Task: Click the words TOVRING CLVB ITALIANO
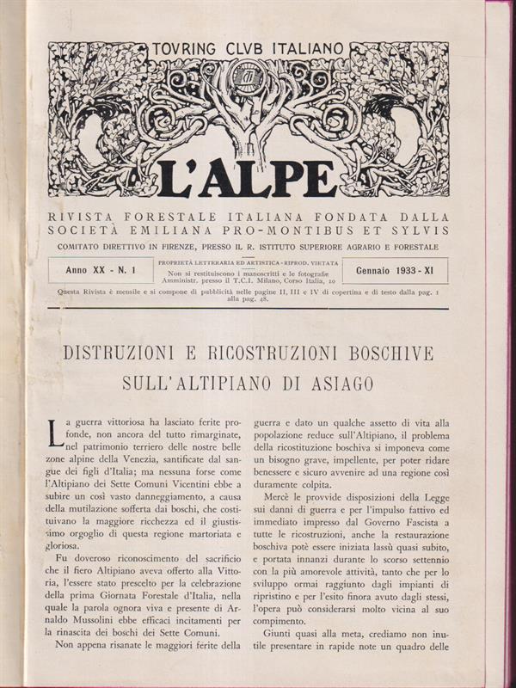tap(248, 49)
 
